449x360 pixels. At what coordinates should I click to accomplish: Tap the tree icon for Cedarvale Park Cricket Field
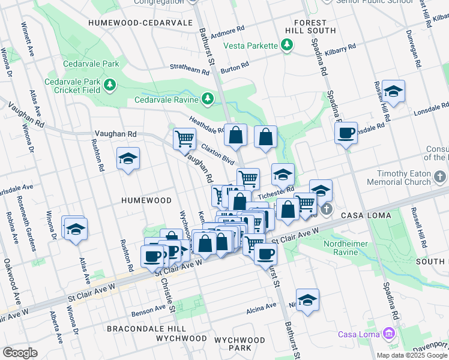(x=109, y=85)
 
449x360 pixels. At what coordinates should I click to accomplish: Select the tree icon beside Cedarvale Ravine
(x=207, y=98)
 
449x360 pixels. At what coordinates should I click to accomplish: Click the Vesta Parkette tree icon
(x=287, y=45)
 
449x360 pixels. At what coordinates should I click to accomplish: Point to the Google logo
(x=20, y=353)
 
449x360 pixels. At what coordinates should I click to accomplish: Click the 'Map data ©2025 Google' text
(x=412, y=355)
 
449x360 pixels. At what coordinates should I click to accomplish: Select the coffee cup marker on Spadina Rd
(x=346, y=133)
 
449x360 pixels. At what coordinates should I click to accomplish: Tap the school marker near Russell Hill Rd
(x=393, y=91)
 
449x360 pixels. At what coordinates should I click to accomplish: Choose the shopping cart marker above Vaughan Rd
(x=184, y=138)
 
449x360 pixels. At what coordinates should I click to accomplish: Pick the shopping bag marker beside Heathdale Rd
(x=236, y=136)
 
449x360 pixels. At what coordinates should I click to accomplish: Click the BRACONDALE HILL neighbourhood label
(x=138, y=329)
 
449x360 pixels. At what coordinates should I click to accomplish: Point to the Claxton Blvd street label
(x=217, y=154)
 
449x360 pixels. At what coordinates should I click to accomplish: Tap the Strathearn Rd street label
(x=190, y=69)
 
